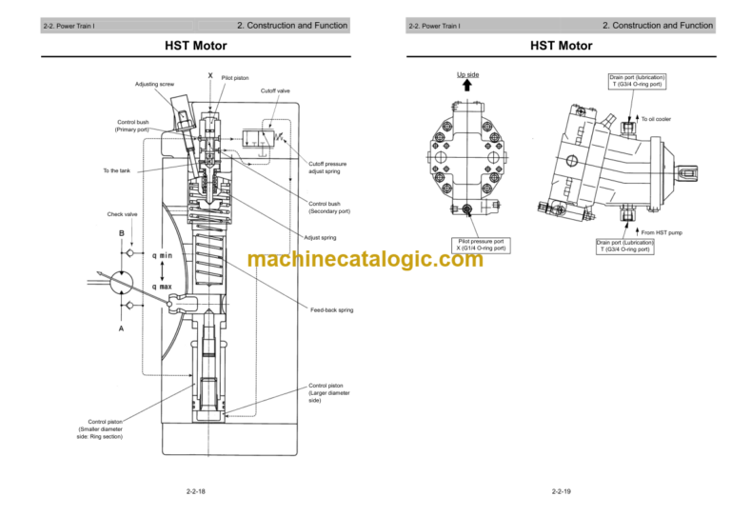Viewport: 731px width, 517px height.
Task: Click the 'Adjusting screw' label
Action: (154, 84)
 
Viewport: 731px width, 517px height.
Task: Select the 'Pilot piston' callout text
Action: (235, 78)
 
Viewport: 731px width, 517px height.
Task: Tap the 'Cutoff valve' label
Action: (275, 91)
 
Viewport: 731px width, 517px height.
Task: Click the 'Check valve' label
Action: (122, 214)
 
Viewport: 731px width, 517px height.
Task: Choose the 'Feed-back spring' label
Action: (332, 310)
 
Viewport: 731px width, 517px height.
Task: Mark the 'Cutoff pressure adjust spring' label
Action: (327, 168)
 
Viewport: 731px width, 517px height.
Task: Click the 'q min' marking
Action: (162, 255)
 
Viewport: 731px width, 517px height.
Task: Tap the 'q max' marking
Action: (162, 287)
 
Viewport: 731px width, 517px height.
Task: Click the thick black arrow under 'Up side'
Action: (467, 85)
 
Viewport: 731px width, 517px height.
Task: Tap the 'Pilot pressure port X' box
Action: (481, 245)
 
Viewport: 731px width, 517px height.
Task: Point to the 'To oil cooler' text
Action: (656, 119)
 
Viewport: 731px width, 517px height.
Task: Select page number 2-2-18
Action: (196, 491)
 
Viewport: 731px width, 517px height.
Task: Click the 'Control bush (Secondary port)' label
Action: (330, 207)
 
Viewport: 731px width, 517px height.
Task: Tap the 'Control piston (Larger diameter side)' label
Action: (329, 392)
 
